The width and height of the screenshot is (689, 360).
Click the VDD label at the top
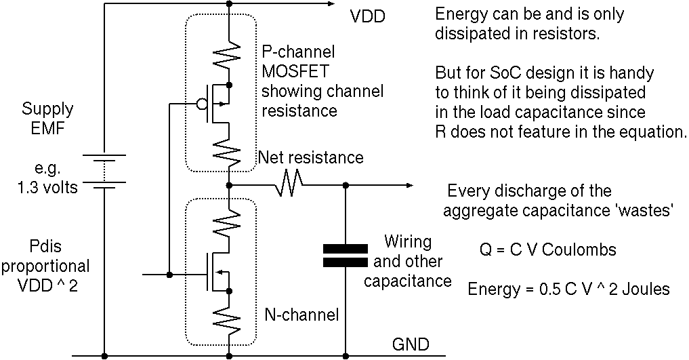[x=368, y=16]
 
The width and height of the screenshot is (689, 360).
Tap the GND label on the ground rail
[x=410, y=344]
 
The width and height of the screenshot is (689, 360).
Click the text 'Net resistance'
[x=311, y=158]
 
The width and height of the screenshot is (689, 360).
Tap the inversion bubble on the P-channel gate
[x=201, y=104]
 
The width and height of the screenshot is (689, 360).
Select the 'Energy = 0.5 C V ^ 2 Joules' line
[x=568, y=289]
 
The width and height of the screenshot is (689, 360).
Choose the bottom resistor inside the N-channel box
[x=230, y=318]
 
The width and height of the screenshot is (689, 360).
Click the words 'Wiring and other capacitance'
[x=408, y=261]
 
